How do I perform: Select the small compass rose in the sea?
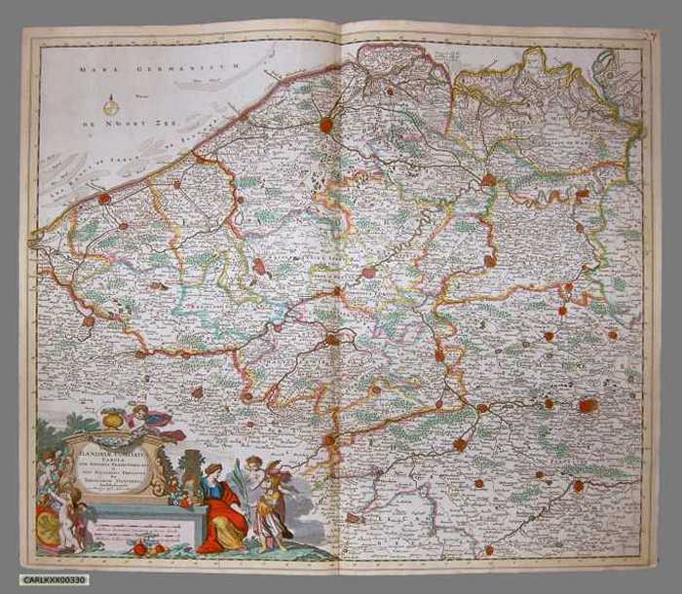coord(111,105)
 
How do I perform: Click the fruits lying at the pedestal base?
coord(146,548)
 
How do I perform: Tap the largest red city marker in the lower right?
coord(587,405)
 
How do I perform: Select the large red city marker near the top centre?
coord(326,125)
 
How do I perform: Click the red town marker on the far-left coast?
coord(104,199)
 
